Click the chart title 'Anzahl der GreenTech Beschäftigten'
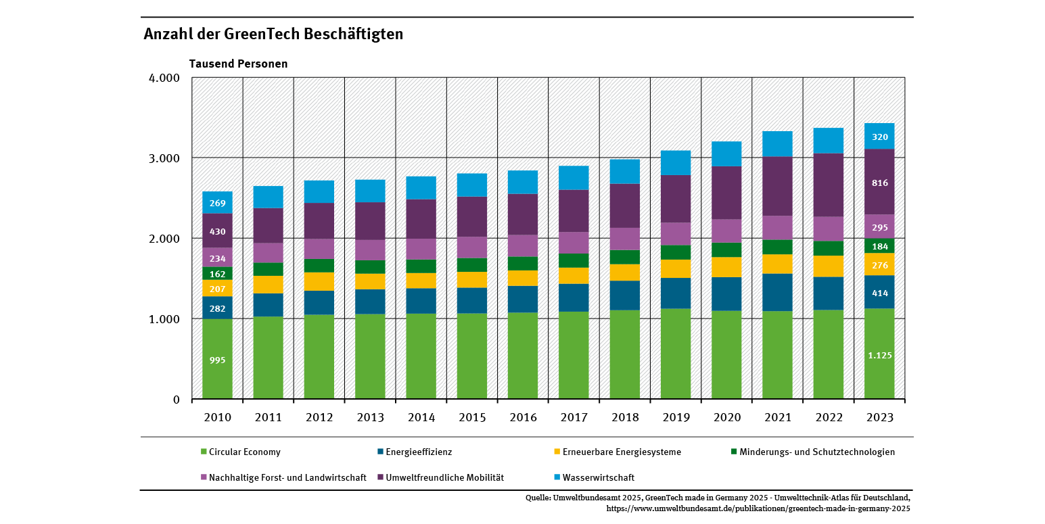(273, 34)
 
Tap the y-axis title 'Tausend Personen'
(238, 64)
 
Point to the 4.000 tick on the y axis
(163, 78)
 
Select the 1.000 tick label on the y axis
(163, 319)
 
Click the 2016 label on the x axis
(523, 418)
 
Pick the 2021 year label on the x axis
(777, 418)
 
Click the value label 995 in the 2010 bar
(217, 360)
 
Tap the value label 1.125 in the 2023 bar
(879, 355)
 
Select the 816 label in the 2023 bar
(880, 183)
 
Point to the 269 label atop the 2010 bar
(217, 204)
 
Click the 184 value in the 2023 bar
(880, 247)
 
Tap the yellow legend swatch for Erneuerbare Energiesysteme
(557, 452)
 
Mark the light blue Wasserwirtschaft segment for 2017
(574, 177)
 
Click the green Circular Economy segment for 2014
(421, 356)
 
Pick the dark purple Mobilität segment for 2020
(726, 193)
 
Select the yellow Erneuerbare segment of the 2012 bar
(319, 281)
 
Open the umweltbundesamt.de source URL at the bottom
(758, 508)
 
